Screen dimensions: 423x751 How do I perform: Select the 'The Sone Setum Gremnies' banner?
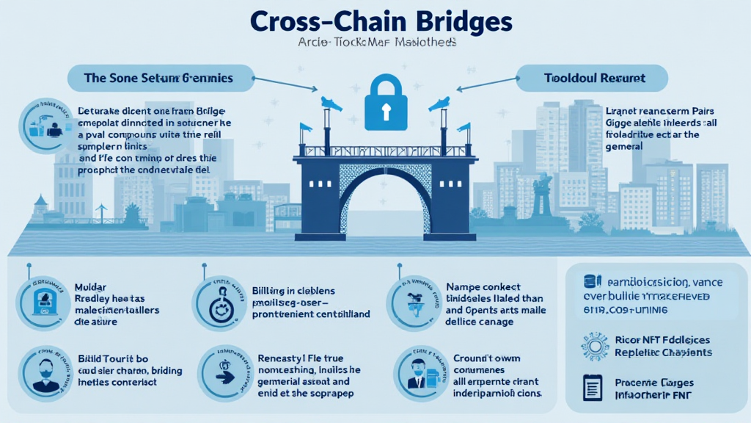(x=159, y=77)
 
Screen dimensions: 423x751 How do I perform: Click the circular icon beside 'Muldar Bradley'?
(x=42, y=302)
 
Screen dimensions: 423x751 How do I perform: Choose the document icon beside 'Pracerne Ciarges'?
(x=593, y=387)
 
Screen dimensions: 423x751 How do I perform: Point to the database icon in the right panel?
(x=588, y=281)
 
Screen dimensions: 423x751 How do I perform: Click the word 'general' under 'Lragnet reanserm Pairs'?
(x=624, y=146)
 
